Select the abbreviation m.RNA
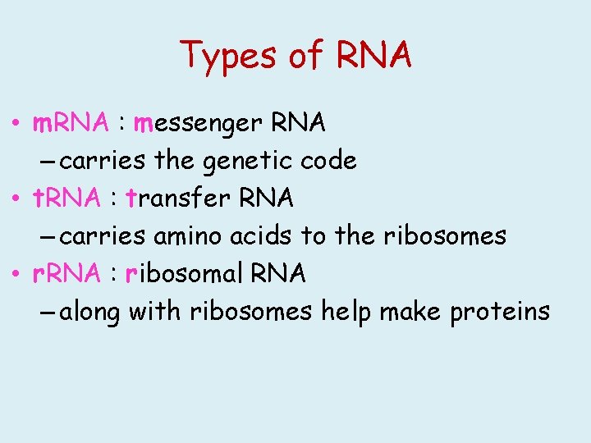coord(70,123)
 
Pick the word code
coord(328,160)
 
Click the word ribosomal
coord(188,273)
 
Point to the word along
coord(89,313)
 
